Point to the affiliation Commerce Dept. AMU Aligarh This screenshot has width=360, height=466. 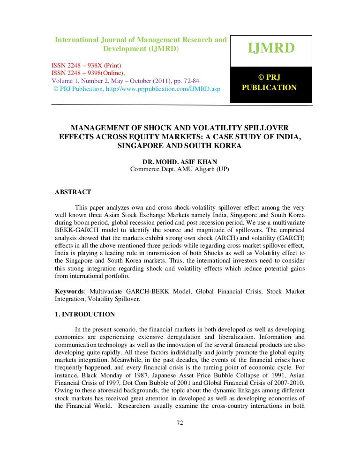(180, 169)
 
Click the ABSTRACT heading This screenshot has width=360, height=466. (73, 192)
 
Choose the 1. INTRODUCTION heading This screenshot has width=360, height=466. (85, 315)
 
